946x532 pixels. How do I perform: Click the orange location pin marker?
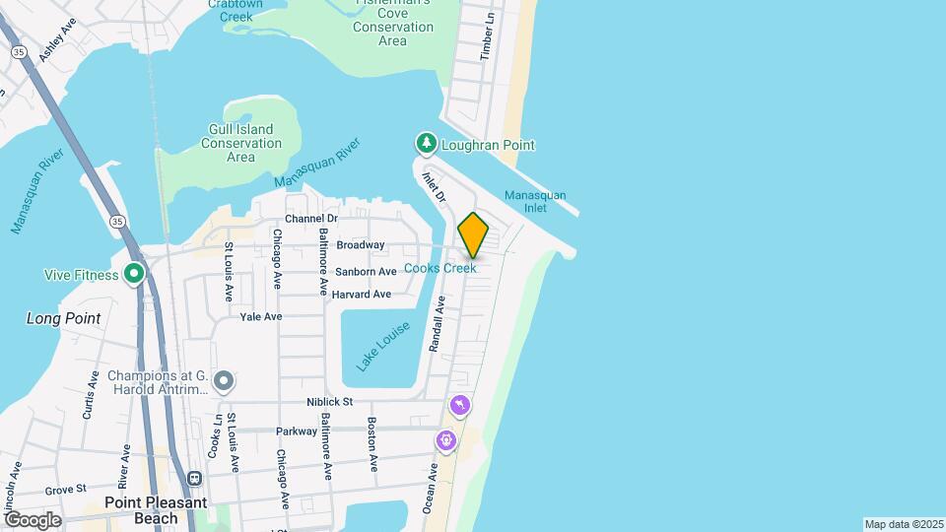click(x=473, y=234)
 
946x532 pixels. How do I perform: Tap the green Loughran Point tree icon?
click(x=426, y=145)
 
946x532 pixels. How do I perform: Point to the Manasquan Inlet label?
click(x=534, y=202)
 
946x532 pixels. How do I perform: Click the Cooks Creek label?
click(x=453, y=268)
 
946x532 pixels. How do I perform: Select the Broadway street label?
click(x=360, y=244)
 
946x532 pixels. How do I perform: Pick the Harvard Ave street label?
click(x=361, y=295)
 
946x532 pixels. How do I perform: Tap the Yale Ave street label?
click(x=261, y=316)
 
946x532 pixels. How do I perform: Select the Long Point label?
click(x=63, y=318)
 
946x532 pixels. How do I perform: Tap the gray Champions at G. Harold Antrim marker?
click(x=224, y=379)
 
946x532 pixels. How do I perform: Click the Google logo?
click(x=33, y=519)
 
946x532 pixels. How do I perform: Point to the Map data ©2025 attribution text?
click(x=903, y=524)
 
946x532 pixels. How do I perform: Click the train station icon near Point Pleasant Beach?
click(x=195, y=479)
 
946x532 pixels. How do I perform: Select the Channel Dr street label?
click(x=311, y=219)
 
